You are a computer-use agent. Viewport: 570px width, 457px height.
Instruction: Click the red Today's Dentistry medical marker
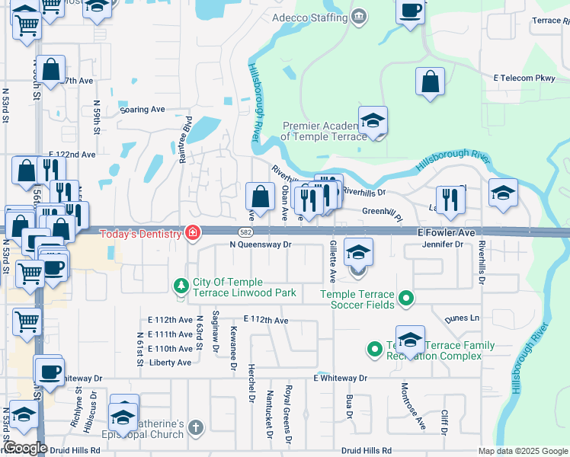192,233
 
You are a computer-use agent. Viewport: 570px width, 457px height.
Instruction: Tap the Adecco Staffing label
323,16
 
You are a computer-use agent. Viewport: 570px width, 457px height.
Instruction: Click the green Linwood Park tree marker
181,286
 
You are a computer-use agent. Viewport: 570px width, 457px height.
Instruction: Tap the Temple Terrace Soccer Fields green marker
406,299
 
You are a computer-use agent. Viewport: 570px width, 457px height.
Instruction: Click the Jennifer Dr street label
443,244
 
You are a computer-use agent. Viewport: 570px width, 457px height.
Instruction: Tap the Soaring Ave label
142,110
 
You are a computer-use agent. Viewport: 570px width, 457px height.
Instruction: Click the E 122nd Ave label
72,154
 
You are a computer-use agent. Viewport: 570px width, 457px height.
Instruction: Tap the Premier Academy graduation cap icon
373,121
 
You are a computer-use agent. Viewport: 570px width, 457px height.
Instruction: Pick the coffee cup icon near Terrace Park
411,11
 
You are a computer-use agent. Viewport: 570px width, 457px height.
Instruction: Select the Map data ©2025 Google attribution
522,451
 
